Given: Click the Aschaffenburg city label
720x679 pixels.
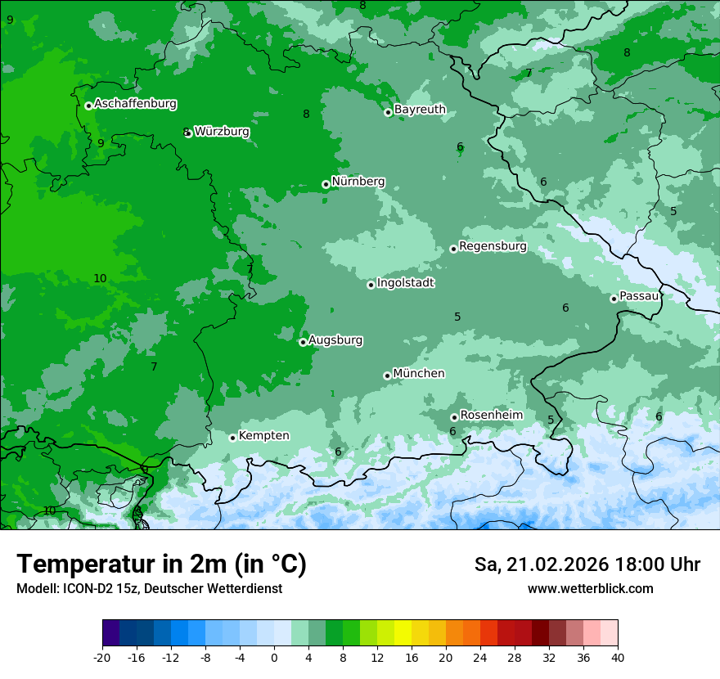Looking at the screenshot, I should (135, 104).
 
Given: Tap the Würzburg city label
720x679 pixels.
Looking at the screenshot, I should (222, 132).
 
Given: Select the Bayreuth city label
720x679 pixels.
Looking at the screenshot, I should (420, 110).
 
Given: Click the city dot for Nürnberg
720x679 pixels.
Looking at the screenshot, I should (326, 185).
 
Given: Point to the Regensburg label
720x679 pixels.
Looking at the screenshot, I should (493, 246).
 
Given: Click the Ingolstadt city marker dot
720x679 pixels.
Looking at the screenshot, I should (371, 285).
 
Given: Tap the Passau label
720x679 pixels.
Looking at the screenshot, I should (639, 296).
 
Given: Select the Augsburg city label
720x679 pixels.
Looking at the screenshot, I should (335, 340).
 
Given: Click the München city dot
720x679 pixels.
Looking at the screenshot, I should (387, 375).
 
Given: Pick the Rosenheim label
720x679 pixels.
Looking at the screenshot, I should (491, 416).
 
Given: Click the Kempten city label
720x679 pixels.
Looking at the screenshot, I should (263, 436).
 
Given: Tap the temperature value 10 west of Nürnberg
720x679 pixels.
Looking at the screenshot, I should (100, 279).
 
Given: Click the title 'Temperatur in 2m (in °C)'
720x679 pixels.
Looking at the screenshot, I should (161, 564).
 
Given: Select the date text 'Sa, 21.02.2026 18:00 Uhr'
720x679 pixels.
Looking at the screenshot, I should (587, 564).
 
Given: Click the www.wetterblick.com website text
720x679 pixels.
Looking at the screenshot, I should (590, 588).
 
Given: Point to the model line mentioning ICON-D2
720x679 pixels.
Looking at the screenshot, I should (149, 588).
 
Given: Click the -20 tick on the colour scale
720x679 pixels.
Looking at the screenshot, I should (102, 657).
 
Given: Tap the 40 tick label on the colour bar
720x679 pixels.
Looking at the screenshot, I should (617, 657).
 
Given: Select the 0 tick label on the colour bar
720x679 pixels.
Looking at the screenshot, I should (274, 657).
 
